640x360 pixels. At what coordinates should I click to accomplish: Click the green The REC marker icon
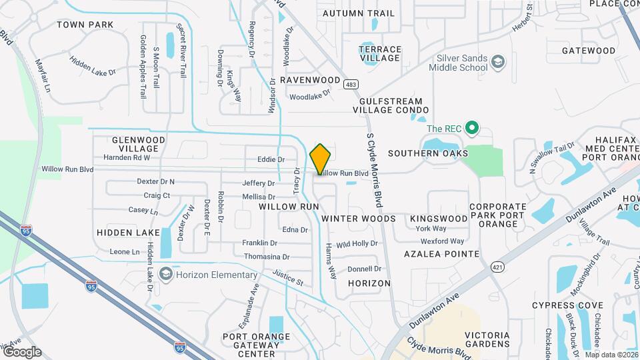[x=472, y=128]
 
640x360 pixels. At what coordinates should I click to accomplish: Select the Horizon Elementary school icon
[x=165, y=275]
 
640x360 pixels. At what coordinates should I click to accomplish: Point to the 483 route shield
[x=351, y=84]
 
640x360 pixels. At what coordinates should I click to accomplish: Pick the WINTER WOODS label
[x=358, y=219]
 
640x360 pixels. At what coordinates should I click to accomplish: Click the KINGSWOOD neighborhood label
[x=439, y=219]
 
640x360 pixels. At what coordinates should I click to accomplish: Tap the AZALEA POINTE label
[x=441, y=254]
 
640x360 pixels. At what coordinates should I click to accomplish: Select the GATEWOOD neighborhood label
[x=588, y=51]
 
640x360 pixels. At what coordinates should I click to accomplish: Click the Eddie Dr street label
[x=271, y=160]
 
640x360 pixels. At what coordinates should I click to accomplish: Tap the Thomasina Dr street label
[x=267, y=257]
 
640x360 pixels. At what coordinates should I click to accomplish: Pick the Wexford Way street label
[x=442, y=241]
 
